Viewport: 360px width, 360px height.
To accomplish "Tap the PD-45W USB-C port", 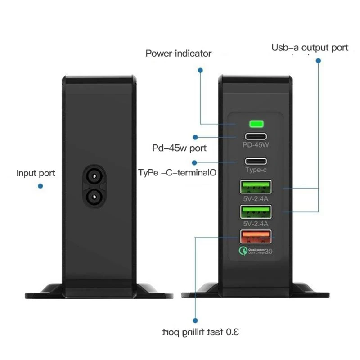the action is click(256, 137).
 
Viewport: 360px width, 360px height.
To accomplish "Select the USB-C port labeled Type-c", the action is click(256, 161).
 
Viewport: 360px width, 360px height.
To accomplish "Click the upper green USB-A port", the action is click(256, 187).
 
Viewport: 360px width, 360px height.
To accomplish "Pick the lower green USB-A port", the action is click(256, 211).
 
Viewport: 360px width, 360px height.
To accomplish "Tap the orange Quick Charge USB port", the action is click(256, 236).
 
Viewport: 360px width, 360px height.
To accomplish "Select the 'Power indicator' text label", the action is click(178, 54).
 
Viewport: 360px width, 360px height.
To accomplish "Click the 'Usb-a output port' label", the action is click(310, 48).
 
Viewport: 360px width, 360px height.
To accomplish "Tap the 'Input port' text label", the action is click(36, 173).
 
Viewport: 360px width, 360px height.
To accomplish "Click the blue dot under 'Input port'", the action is click(40, 186).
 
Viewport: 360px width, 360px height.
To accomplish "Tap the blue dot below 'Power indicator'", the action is click(200, 71).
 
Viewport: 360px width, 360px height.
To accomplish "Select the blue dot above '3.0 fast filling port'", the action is click(195, 320).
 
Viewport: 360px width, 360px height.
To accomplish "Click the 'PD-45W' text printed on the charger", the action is click(256, 145).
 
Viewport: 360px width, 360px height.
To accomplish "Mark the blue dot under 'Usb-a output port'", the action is click(319, 61).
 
